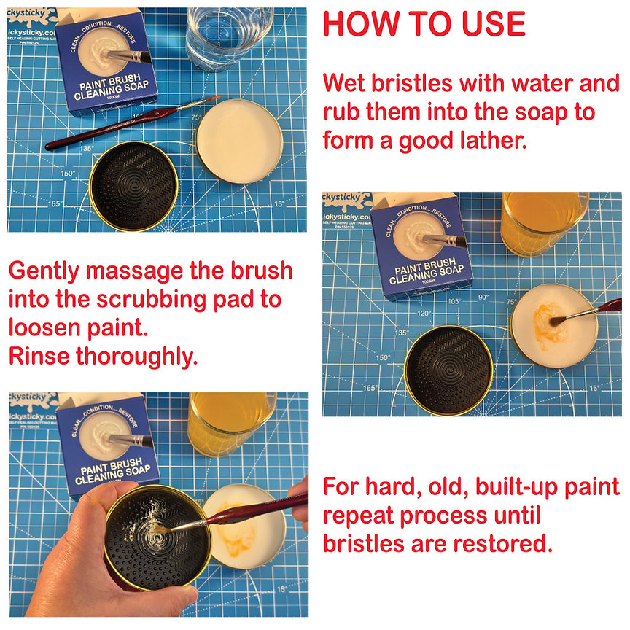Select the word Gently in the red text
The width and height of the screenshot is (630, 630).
(44, 271)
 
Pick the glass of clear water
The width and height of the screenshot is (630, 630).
(227, 36)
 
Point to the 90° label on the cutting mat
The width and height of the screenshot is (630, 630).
(482, 297)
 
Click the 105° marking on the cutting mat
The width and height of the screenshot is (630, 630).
(454, 301)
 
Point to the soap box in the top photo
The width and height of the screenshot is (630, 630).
(107, 62)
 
